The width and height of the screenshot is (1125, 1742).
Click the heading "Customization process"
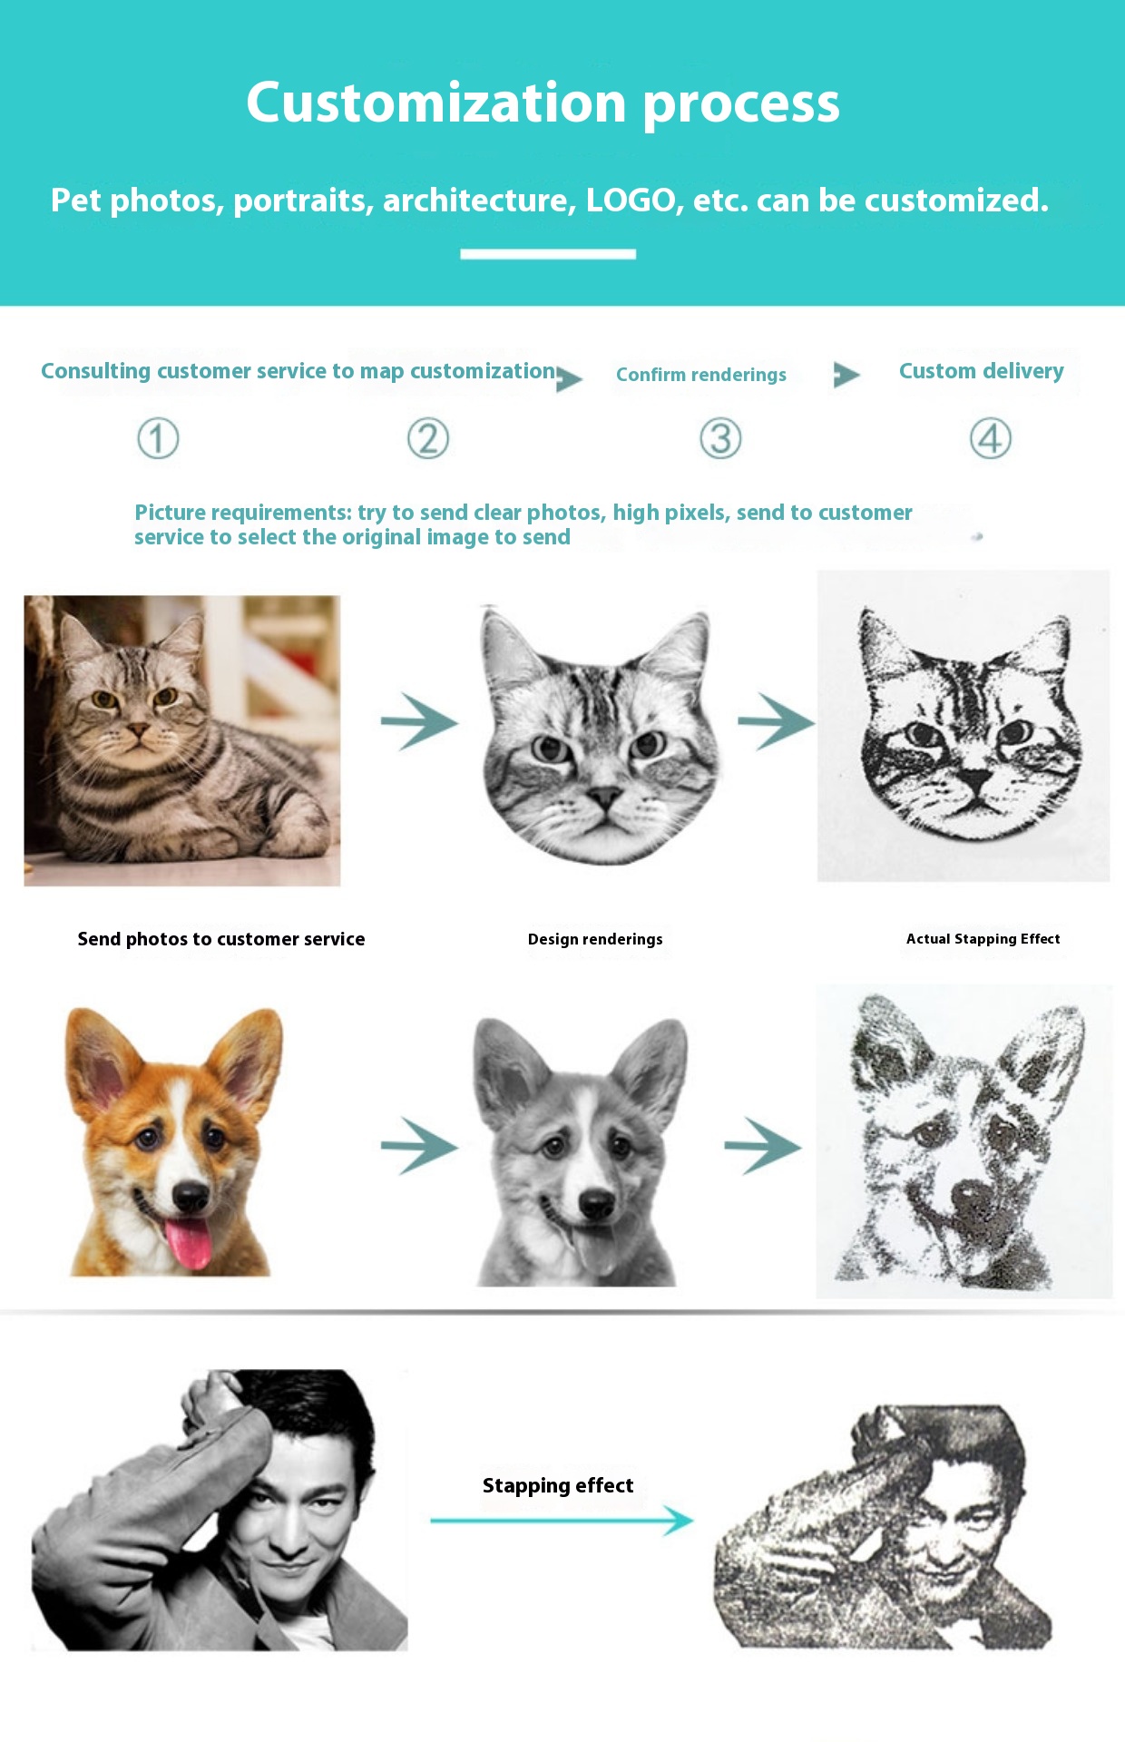pyautogui.click(x=543, y=103)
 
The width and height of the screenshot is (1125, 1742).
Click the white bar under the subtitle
pyautogui.click(x=548, y=254)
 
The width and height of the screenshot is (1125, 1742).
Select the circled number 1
pyautogui.click(x=158, y=439)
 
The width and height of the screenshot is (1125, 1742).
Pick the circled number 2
pyautogui.click(x=428, y=439)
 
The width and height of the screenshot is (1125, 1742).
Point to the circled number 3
pyautogui.click(x=721, y=439)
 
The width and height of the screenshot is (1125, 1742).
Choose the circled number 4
pyautogui.click(x=991, y=439)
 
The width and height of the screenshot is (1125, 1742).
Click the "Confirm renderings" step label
pyautogui.click(x=701, y=375)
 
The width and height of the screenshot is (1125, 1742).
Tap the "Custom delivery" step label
pyautogui.click(x=982, y=371)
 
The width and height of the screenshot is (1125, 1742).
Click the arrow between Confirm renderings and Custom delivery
pyautogui.click(x=846, y=375)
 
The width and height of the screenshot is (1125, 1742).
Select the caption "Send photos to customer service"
pyautogui.click(x=221, y=939)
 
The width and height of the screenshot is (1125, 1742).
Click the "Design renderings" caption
pyautogui.click(x=595, y=939)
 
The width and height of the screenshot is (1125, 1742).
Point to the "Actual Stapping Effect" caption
pyautogui.click(x=983, y=939)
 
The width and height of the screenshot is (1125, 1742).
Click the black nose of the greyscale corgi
pyautogui.click(x=596, y=1204)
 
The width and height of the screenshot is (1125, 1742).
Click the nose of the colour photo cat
pyautogui.click(x=137, y=729)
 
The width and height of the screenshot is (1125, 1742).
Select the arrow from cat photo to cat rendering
pyautogui.click(x=419, y=722)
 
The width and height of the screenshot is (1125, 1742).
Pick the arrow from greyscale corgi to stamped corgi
pyautogui.click(x=763, y=1146)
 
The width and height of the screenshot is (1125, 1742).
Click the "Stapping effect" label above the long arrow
pyautogui.click(x=558, y=1485)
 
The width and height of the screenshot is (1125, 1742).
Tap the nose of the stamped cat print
pyautogui.click(x=976, y=779)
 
